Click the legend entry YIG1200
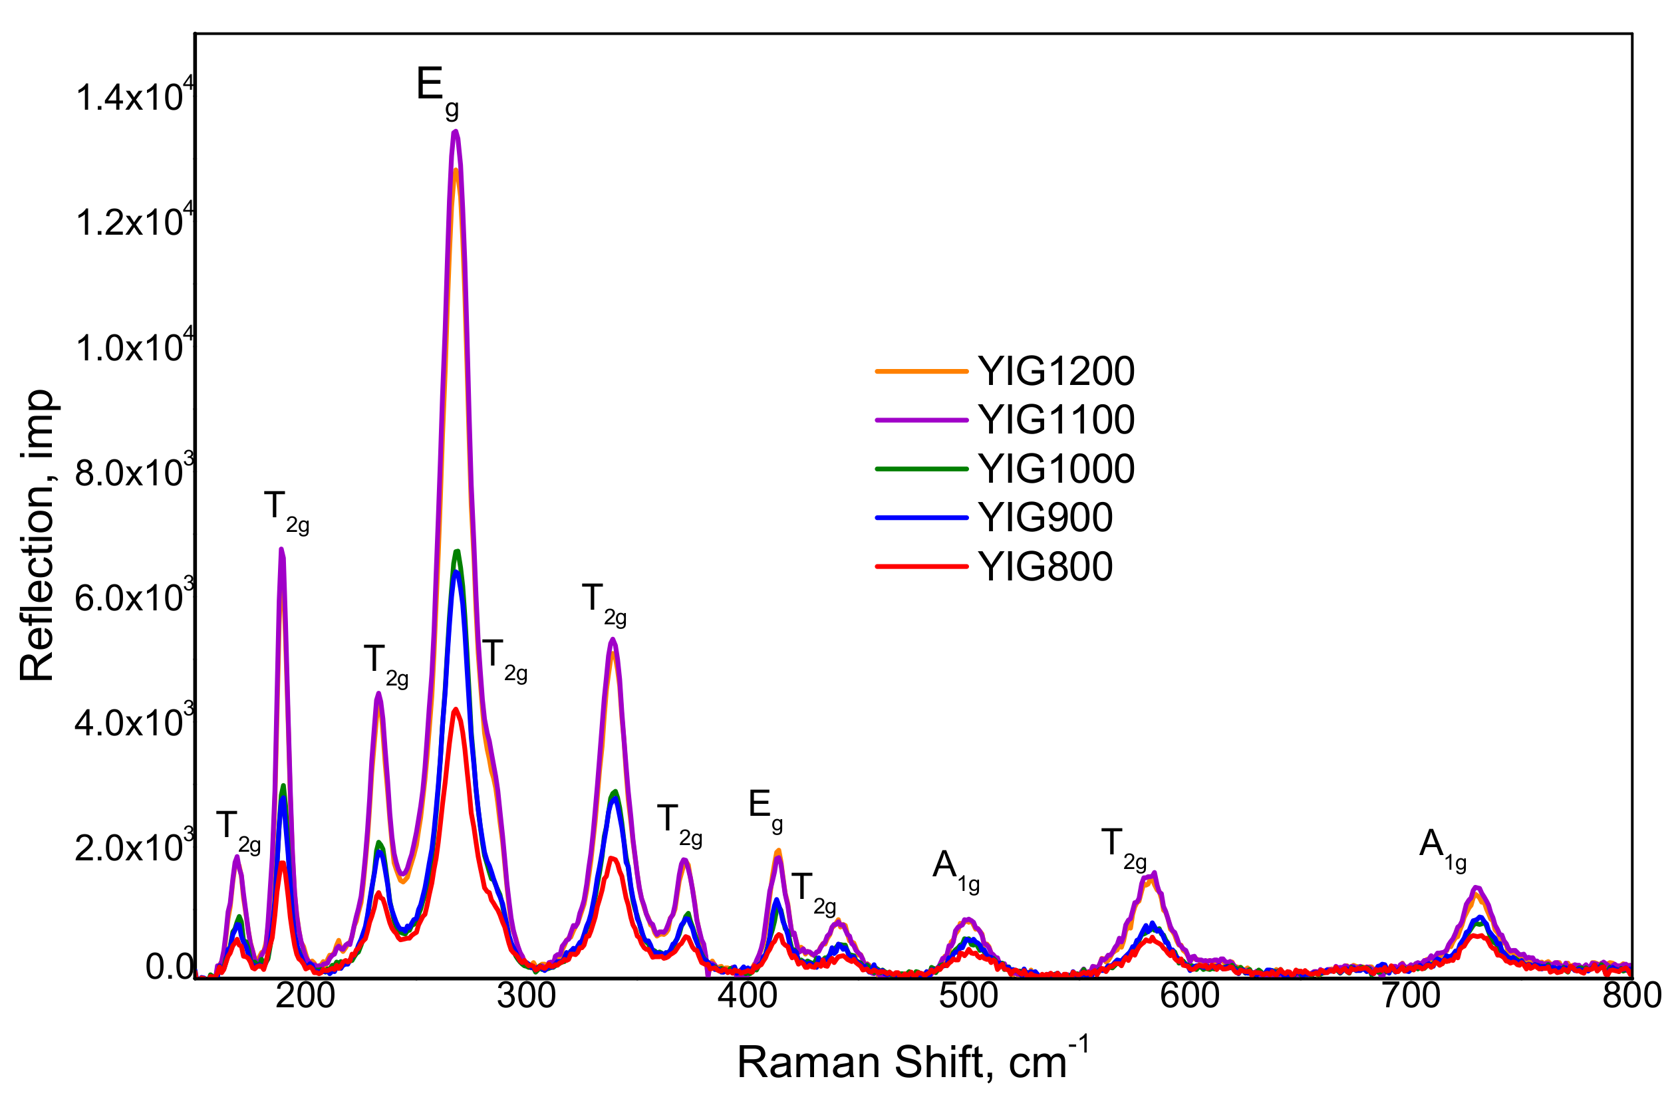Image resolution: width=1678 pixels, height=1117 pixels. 1055,372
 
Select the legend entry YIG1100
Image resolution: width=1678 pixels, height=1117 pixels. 1055,420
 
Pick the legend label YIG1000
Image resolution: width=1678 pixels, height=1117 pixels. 1055,469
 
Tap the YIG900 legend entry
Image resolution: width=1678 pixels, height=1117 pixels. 1044,518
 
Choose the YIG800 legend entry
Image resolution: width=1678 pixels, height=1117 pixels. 1044,567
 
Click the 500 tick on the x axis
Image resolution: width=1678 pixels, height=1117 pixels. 968,996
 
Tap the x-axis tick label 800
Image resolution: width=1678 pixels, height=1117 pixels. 1631,996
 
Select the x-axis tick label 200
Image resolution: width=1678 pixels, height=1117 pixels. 305,996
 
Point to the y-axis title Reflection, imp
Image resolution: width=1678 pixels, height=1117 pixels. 37,535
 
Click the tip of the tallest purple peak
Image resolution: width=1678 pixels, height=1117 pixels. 456,131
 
